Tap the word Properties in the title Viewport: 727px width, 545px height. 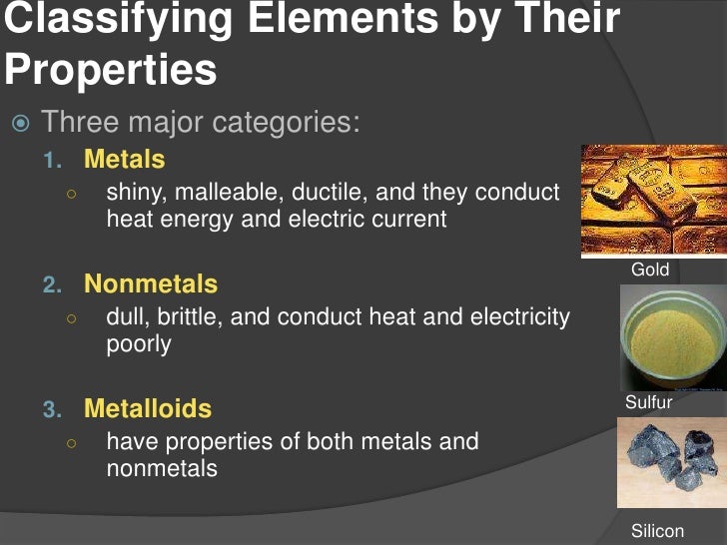110,70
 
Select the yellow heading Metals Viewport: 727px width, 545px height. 125,160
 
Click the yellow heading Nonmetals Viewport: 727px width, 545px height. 151,284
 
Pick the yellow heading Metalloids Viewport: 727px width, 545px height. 148,409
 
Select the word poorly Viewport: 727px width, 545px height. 139,344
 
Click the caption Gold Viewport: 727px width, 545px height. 650,270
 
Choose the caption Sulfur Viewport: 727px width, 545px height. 649,403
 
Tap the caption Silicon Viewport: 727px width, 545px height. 658,530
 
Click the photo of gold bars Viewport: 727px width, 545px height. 653,201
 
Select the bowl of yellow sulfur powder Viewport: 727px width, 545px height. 672,338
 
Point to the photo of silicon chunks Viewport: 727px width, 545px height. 671,462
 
